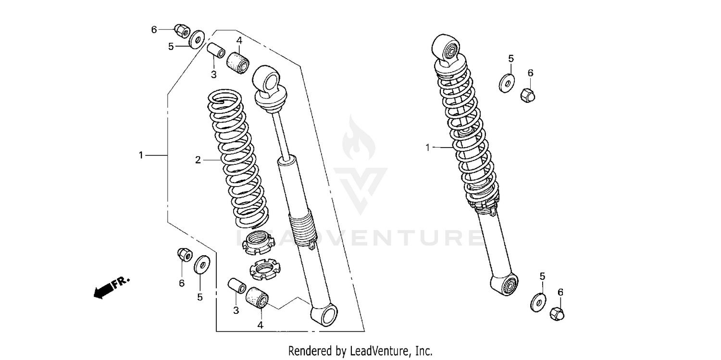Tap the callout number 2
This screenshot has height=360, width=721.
[198, 160]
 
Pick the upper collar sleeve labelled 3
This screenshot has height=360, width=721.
[215, 50]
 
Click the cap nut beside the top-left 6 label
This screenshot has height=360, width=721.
[182, 31]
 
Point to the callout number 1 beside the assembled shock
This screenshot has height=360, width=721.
[428, 148]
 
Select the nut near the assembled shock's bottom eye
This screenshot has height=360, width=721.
[557, 313]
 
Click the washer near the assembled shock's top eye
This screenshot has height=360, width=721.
[506, 83]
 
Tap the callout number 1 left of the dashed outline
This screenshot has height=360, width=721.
[141, 155]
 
